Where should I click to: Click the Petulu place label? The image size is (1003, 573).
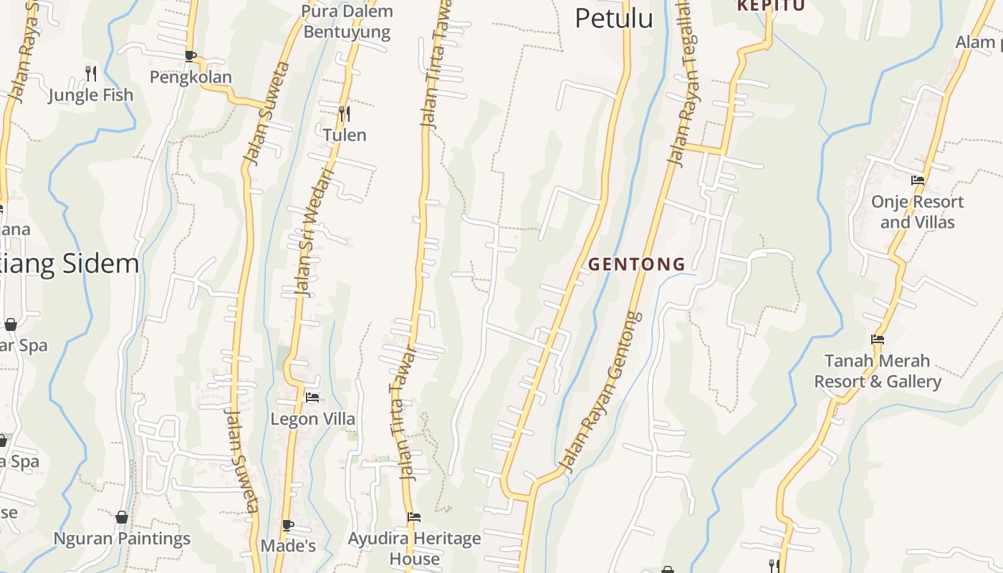click(x=614, y=19)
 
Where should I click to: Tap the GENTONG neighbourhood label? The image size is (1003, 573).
click(x=636, y=264)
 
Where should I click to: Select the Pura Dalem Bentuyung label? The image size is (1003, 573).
click(x=347, y=21)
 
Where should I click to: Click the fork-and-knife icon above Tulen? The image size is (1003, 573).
click(x=345, y=113)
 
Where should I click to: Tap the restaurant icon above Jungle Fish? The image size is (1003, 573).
click(x=91, y=73)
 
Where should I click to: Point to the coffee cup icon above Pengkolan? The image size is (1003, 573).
click(x=190, y=55)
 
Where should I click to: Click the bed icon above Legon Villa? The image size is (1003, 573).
click(x=312, y=397)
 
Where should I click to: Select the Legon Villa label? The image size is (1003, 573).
click(x=312, y=419)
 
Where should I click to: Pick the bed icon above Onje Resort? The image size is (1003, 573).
click(x=917, y=180)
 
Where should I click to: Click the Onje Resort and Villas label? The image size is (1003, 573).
click(x=917, y=212)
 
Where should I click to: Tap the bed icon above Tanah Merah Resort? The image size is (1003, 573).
click(x=878, y=340)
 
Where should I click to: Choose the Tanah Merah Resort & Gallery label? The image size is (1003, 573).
click(x=878, y=371)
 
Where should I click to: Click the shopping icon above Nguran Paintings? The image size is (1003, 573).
click(x=122, y=516)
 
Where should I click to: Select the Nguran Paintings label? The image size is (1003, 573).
click(x=122, y=539)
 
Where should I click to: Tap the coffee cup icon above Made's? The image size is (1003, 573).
click(x=288, y=525)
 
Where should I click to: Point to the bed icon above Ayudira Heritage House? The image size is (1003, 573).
click(x=413, y=516)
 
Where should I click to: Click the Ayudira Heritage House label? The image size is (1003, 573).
click(x=414, y=548)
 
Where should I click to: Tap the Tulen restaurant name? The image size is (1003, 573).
click(x=345, y=135)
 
